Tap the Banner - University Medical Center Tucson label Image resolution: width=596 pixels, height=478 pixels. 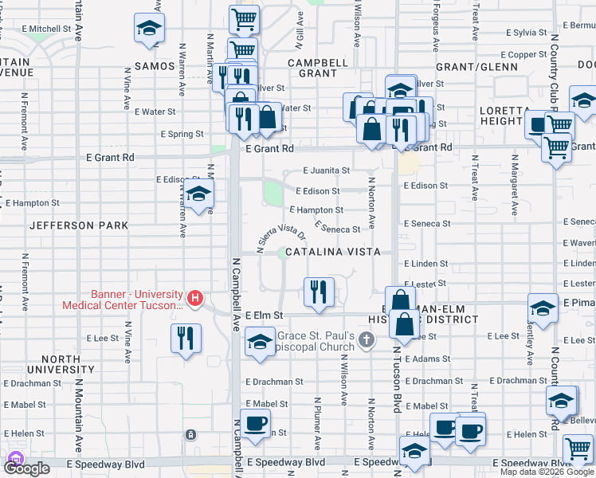135,300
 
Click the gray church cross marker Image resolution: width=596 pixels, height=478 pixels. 366,341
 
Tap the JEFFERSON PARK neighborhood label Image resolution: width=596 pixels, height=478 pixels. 79,225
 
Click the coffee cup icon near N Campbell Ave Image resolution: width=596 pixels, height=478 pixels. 255,424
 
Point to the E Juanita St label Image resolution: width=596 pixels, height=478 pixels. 327,170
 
